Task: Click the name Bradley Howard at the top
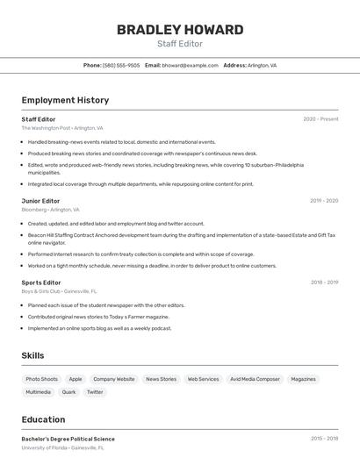(x=180, y=29)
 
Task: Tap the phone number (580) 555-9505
(x=121, y=65)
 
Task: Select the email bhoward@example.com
(x=190, y=65)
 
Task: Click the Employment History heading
(x=65, y=100)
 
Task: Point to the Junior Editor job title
(x=40, y=201)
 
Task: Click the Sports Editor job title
(x=41, y=283)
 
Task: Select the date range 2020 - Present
(x=320, y=119)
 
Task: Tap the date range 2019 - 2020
(x=323, y=201)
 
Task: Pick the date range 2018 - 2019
(x=324, y=283)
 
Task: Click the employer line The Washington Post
(x=62, y=128)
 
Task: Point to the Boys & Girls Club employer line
(x=59, y=291)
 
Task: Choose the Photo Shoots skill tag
(x=42, y=379)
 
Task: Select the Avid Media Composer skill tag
(x=255, y=379)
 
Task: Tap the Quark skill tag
(x=68, y=392)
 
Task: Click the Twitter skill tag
(x=95, y=392)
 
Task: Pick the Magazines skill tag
(x=303, y=379)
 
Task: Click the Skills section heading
(x=33, y=355)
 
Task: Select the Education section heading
(x=43, y=419)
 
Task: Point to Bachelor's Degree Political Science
(x=68, y=439)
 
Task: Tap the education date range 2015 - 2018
(x=324, y=439)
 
